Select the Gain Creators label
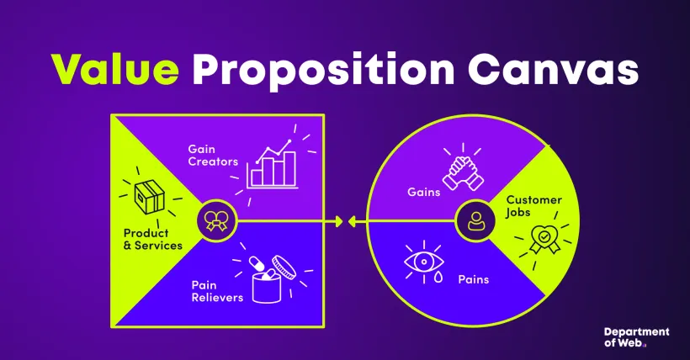(214, 155)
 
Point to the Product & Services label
(152, 239)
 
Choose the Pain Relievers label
(217, 291)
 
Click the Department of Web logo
(637, 337)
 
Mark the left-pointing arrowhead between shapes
(353, 222)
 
